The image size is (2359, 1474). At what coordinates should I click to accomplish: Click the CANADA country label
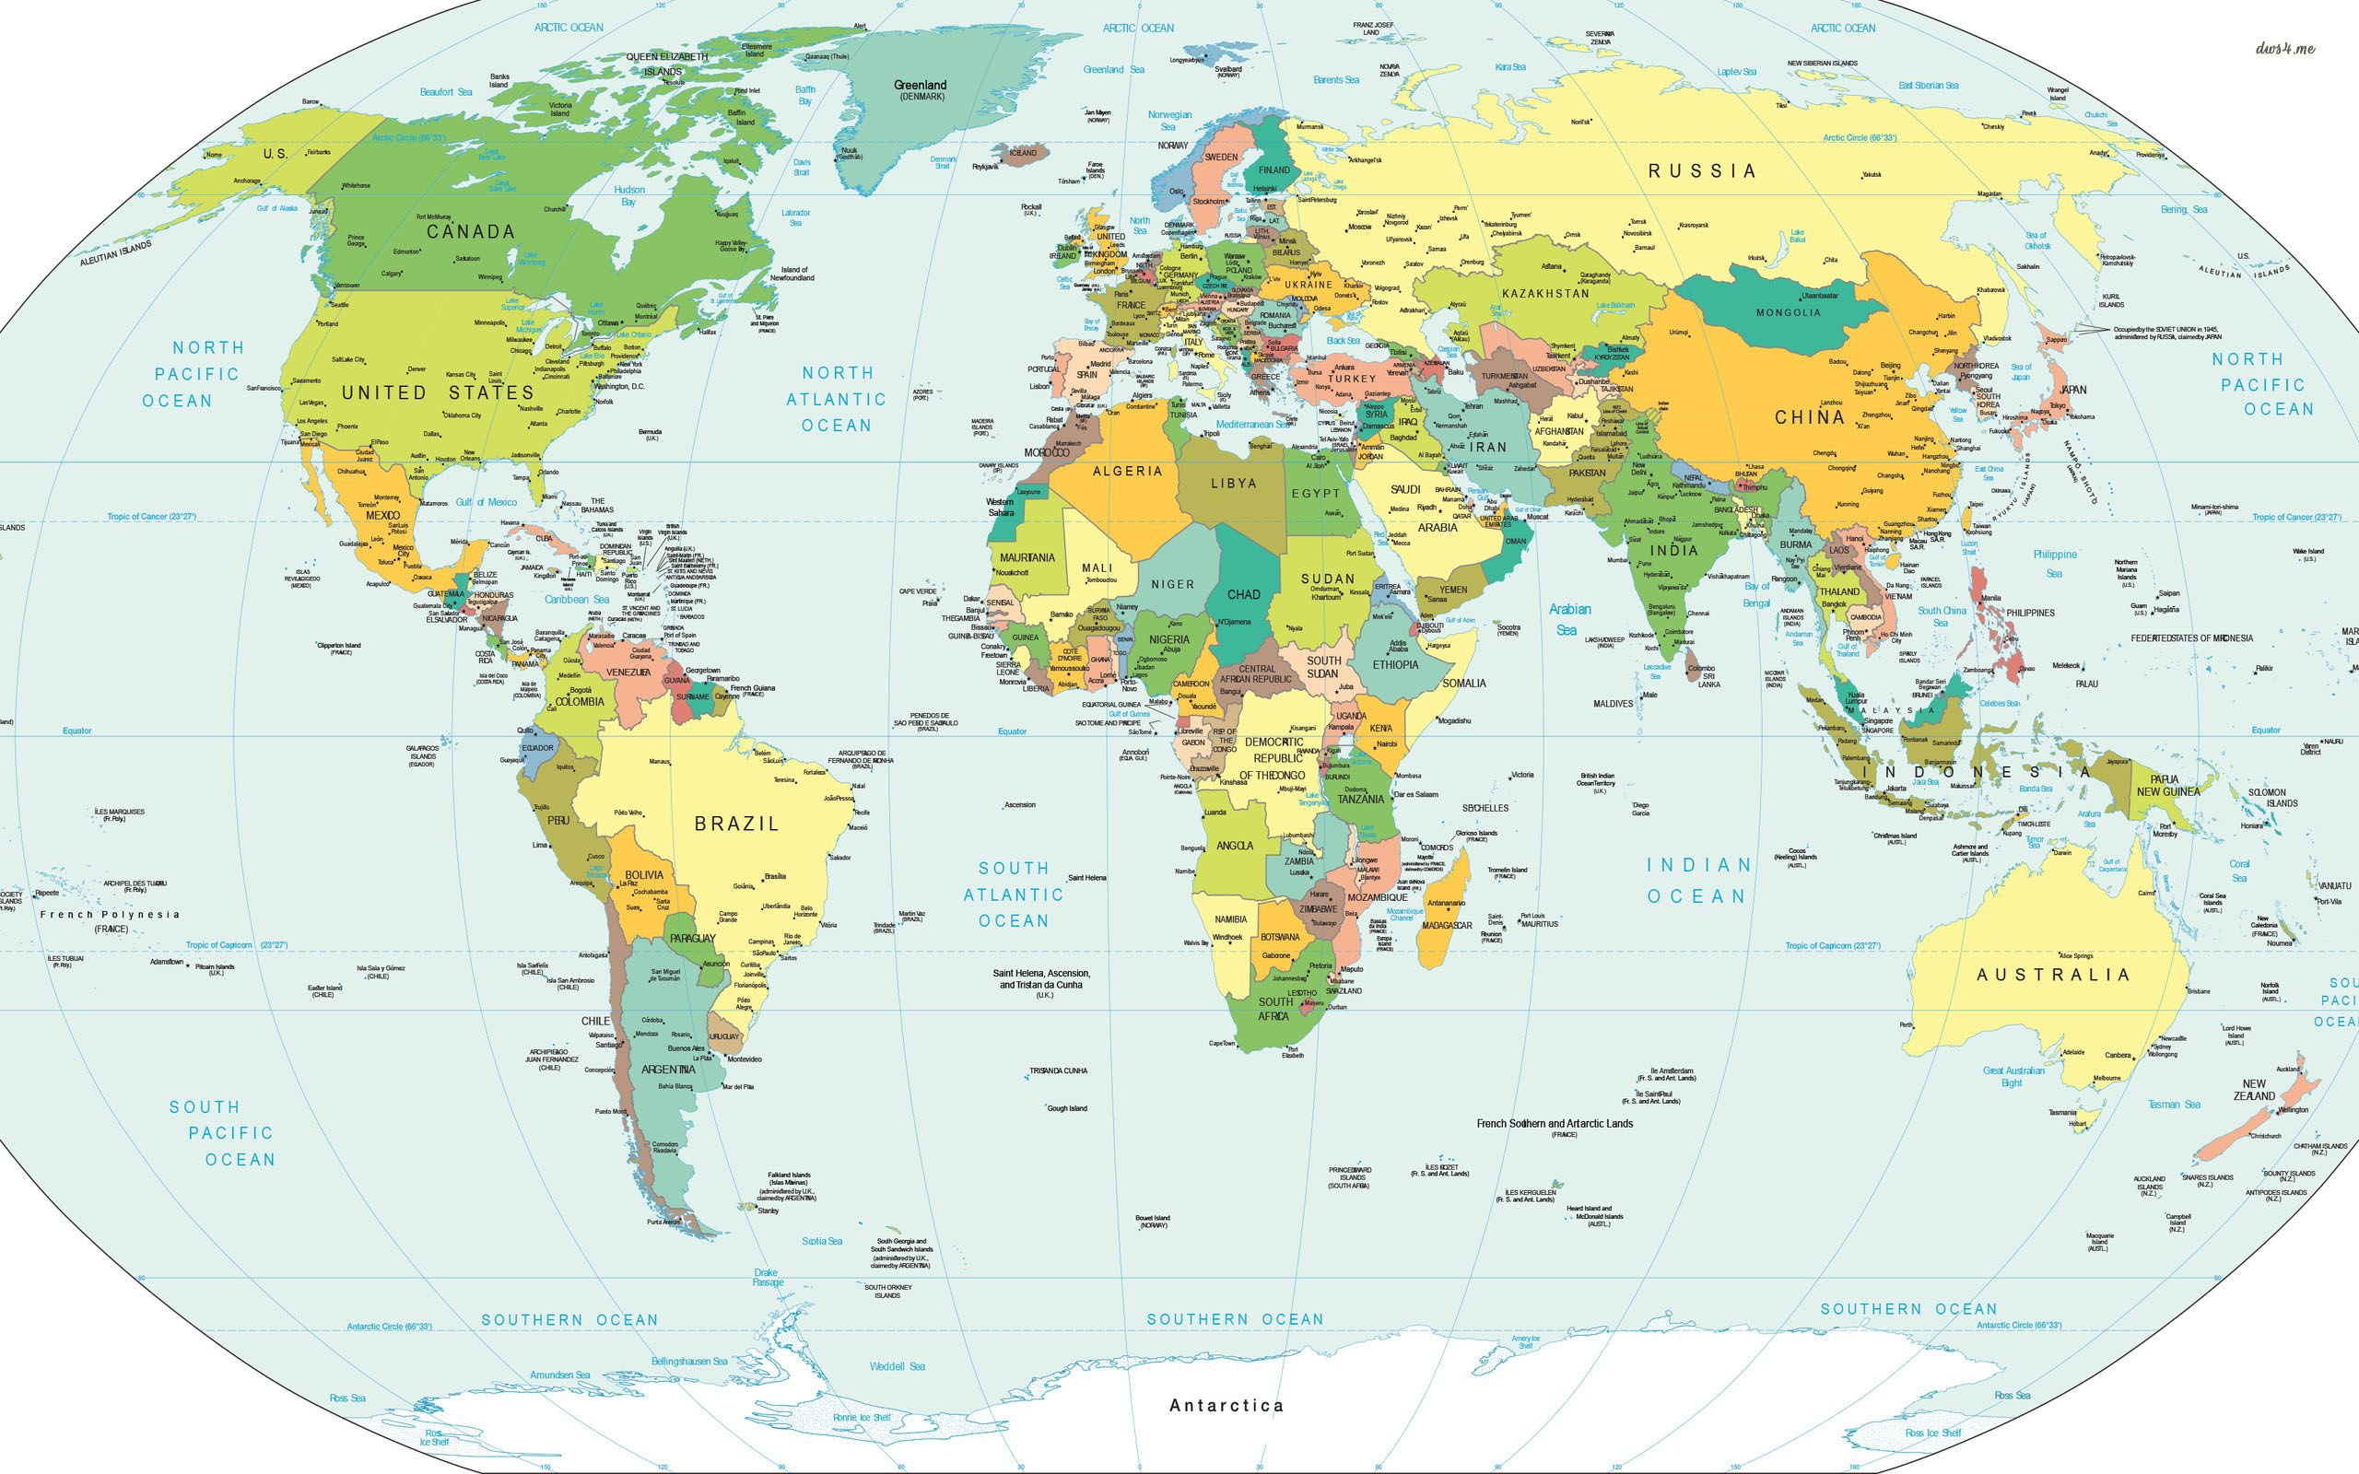(x=471, y=232)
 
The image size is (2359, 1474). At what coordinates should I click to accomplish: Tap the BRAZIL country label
(x=736, y=824)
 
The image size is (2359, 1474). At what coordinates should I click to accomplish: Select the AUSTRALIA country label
(x=2053, y=975)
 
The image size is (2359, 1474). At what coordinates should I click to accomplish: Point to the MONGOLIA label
(x=1788, y=313)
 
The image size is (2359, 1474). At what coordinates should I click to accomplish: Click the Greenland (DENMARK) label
(x=921, y=88)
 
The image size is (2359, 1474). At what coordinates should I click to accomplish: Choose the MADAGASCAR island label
(x=1447, y=925)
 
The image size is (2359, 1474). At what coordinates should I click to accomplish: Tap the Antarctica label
(x=1226, y=1405)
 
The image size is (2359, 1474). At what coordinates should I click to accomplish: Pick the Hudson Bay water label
(x=628, y=195)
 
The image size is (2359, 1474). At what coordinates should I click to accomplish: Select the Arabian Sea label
(x=1569, y=619)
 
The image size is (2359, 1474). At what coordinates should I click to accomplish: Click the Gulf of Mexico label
(x=487, y=502)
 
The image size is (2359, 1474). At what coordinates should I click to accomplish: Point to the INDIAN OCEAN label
(x=1697, y=881)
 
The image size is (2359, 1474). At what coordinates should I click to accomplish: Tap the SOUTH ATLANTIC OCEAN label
(x=1014, y=894)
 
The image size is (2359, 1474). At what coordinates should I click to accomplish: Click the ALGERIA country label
(x=1127, y=471)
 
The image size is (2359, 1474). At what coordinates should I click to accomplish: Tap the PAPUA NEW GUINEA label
(x=2168, y=786)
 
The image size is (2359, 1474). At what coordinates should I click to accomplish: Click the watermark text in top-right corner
(x=2284, y=48)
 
